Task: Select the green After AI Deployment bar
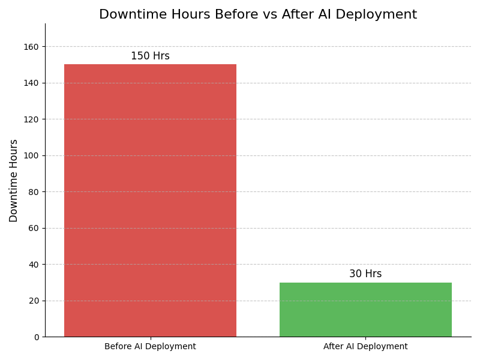(365, 310)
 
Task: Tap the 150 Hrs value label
(150, 56)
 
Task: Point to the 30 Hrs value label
(365, 274)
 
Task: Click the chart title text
(258, 15)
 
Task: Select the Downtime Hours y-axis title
(14, 181)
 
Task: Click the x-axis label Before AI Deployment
(150, 347)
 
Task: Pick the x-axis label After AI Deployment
(365, 347)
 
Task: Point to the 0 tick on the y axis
(36, 337)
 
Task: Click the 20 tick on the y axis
(34, 301)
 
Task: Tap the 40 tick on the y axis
(34, 265)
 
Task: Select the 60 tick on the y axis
(34, 228)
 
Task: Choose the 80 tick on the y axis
(34, 192)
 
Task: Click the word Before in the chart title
(231, 15)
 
